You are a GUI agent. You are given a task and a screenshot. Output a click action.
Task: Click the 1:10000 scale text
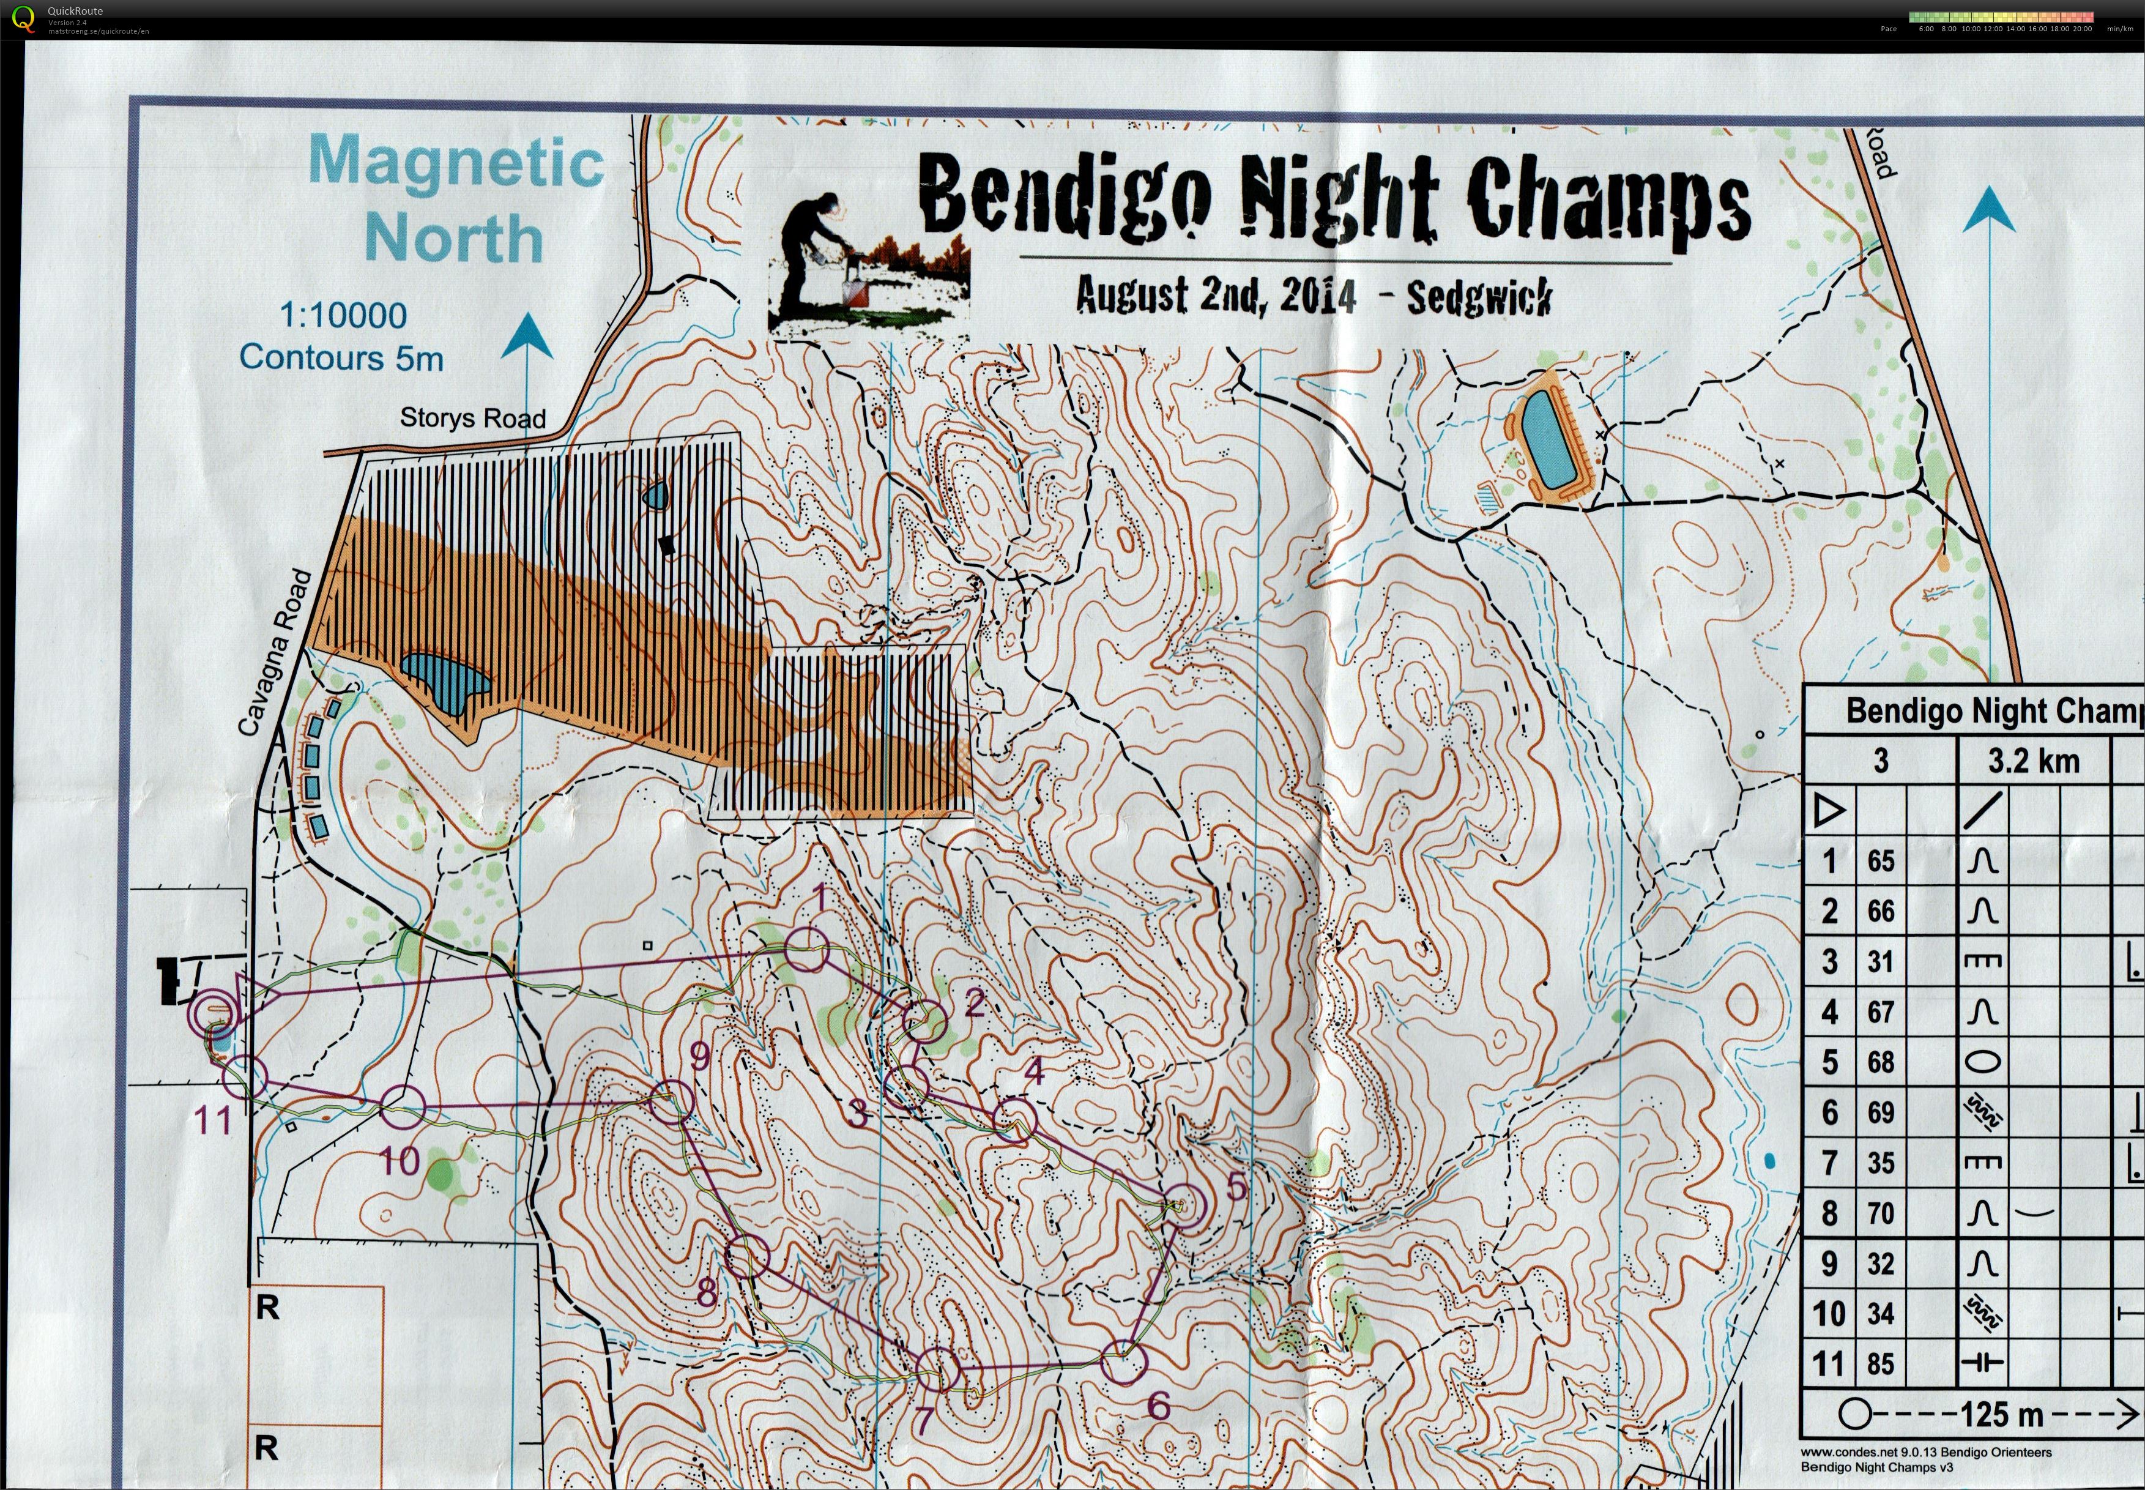[x=343, y=316]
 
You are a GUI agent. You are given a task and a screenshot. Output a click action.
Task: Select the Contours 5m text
[x=341, y=357]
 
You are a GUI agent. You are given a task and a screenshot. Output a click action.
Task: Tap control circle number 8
[x=747, y=1257]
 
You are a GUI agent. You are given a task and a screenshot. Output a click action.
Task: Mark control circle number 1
[x=806, y=952]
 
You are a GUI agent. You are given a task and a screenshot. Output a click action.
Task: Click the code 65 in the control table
[x=1880, y=861]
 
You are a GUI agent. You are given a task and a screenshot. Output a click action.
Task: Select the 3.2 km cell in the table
[x=2033, y=761]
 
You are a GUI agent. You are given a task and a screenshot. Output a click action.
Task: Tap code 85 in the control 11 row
[x=1880, y=1364]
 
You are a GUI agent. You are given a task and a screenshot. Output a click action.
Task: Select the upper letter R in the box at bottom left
[x=267, y=1308]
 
